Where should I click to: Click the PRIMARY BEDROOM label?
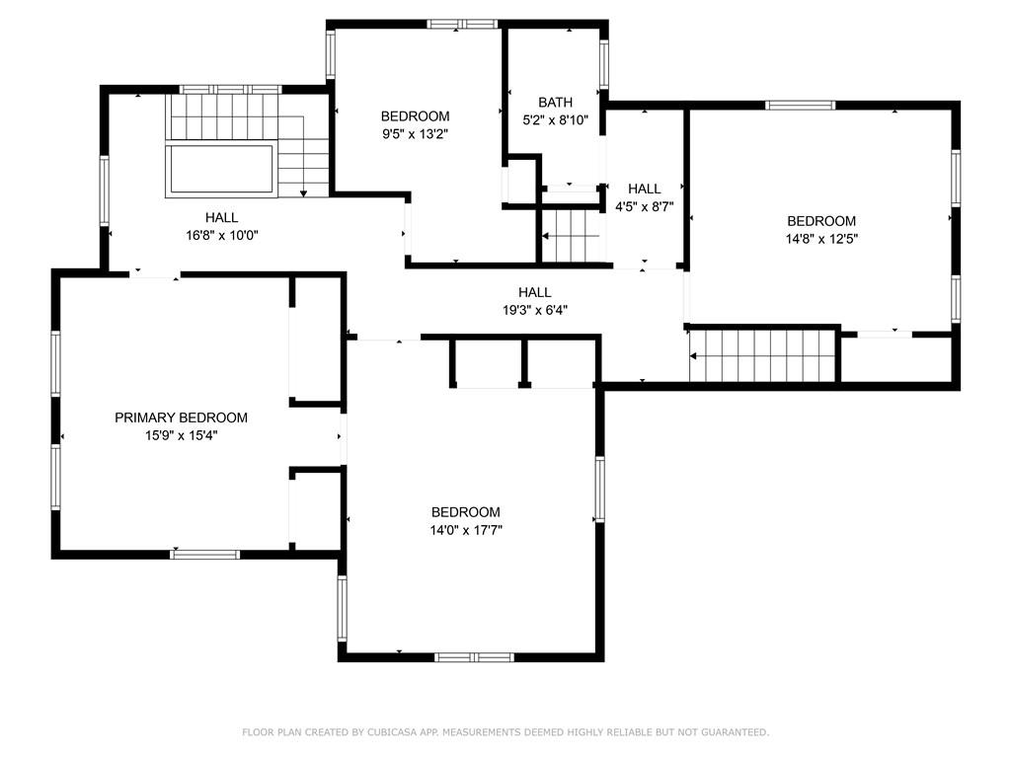click(x=181, y=417)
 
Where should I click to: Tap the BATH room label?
click(x=555, y=103)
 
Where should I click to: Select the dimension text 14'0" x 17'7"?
click(x=466, y=530)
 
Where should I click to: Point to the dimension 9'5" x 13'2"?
click(x=415, y=134)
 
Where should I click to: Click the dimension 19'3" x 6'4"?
click(x=534, y=310)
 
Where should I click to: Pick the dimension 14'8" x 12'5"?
click(x=821, y=239)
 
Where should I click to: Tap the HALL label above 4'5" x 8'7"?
click(x=644, y=189)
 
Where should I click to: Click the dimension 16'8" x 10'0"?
click(x=222, y=235)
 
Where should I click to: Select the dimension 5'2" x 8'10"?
click(x=555, y=119)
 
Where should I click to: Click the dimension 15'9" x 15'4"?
click(x=182, y=435)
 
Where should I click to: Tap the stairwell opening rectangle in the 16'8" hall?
click(x=220, y=170)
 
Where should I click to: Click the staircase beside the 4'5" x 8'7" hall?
click(x=570, y=236)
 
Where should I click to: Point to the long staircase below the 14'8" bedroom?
click(x=763, y=355)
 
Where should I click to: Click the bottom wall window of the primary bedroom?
click(x=205, y=555)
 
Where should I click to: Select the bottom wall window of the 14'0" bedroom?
click(x=474, y=657)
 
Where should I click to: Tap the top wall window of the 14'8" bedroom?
click(x=800, y=105)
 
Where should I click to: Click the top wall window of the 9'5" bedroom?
click(x=462, y=25)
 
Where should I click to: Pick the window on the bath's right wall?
click(x=604, y=64)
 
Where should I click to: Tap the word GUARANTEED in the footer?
click(x=735, y=732)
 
